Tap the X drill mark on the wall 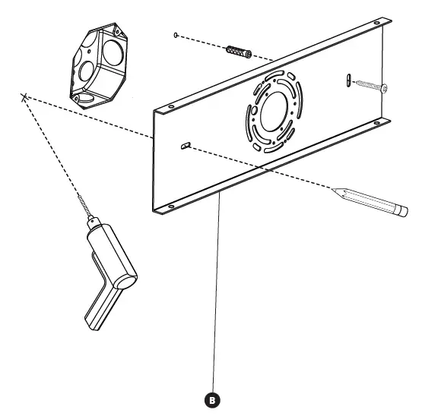25,96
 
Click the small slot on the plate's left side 185,145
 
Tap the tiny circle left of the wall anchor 176,35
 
